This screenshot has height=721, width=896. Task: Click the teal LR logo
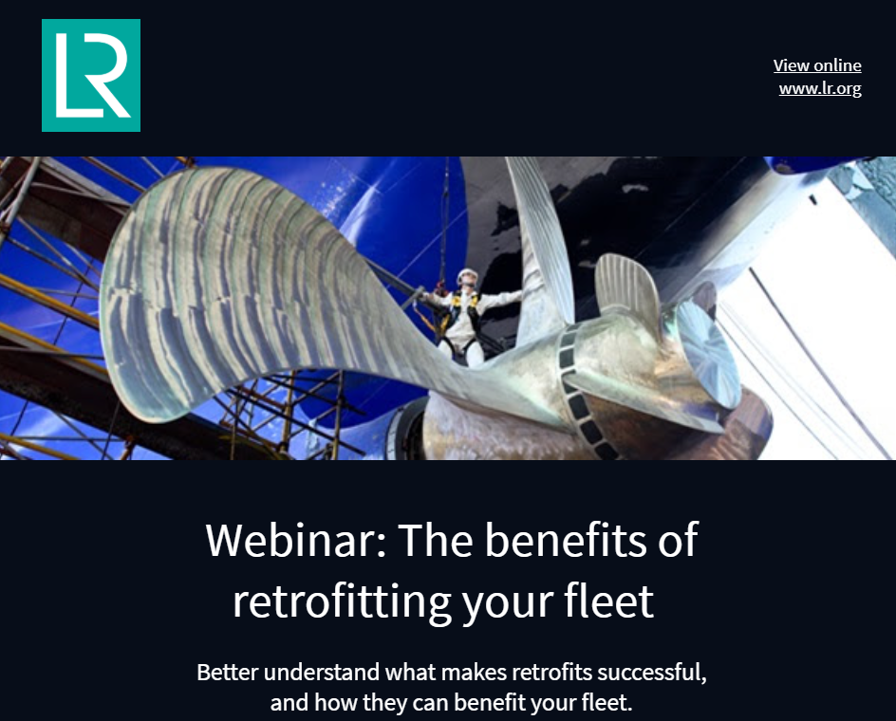91,75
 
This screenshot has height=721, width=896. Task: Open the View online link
817,65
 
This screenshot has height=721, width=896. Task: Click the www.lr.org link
820,88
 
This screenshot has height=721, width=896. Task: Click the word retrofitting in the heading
342,601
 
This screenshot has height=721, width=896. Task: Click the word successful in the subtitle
651,673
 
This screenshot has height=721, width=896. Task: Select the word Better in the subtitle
228,673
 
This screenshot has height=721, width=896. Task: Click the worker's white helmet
467,275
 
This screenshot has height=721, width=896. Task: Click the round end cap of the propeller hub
709,353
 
